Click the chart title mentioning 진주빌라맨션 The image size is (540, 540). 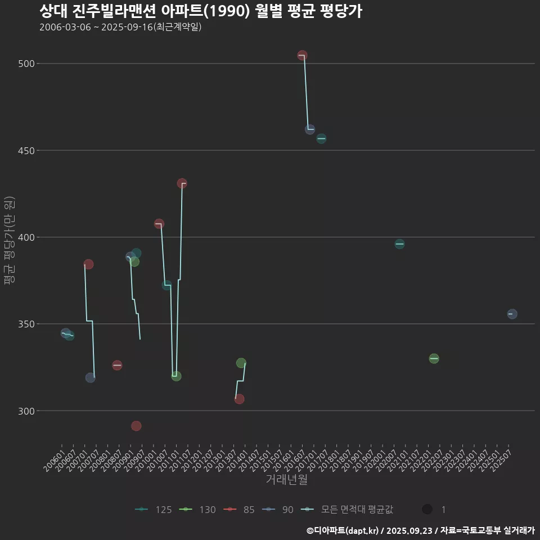200,11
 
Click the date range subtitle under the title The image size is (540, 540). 120,27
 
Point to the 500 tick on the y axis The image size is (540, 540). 27,64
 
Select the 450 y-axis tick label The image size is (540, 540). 27,151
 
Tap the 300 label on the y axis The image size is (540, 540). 27,411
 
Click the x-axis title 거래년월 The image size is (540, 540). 286,480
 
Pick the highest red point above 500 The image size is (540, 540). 302,55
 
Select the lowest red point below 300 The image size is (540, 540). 136,426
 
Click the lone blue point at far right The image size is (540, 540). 512,314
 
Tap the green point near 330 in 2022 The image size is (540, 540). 434,358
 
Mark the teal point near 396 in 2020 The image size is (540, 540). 399,244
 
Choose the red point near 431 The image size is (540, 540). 182,183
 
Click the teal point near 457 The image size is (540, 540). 321,138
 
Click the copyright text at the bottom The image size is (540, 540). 420,530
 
